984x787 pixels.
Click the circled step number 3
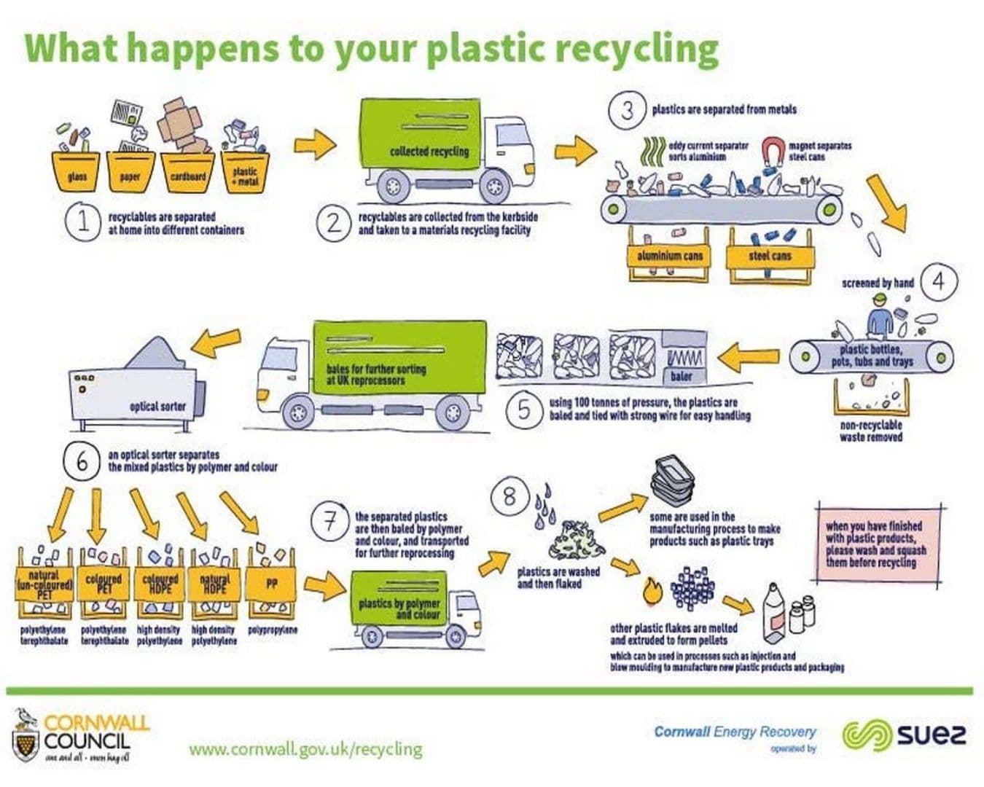click(626, 111)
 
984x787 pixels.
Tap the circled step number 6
click(82, 461)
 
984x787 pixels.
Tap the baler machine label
click(682, 375)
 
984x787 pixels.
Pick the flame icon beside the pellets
click(652, 590)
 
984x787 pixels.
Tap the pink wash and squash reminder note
click(875, 544)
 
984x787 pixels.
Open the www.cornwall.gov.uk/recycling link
click(305, 748)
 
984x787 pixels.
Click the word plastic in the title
click(483, 48)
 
